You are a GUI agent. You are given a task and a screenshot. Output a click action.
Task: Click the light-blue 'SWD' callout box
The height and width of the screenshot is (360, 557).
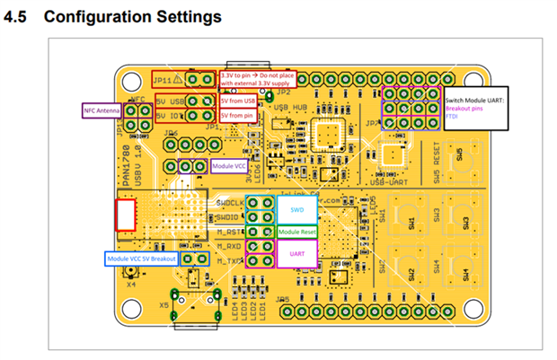(295, 210)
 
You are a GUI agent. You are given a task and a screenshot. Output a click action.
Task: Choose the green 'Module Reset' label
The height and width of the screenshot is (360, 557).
(296, 233)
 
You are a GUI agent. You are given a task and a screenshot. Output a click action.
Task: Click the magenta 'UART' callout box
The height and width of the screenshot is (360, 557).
(296, 254)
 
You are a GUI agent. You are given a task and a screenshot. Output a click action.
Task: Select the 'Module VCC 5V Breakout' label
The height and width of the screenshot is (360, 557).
(139, 259)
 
